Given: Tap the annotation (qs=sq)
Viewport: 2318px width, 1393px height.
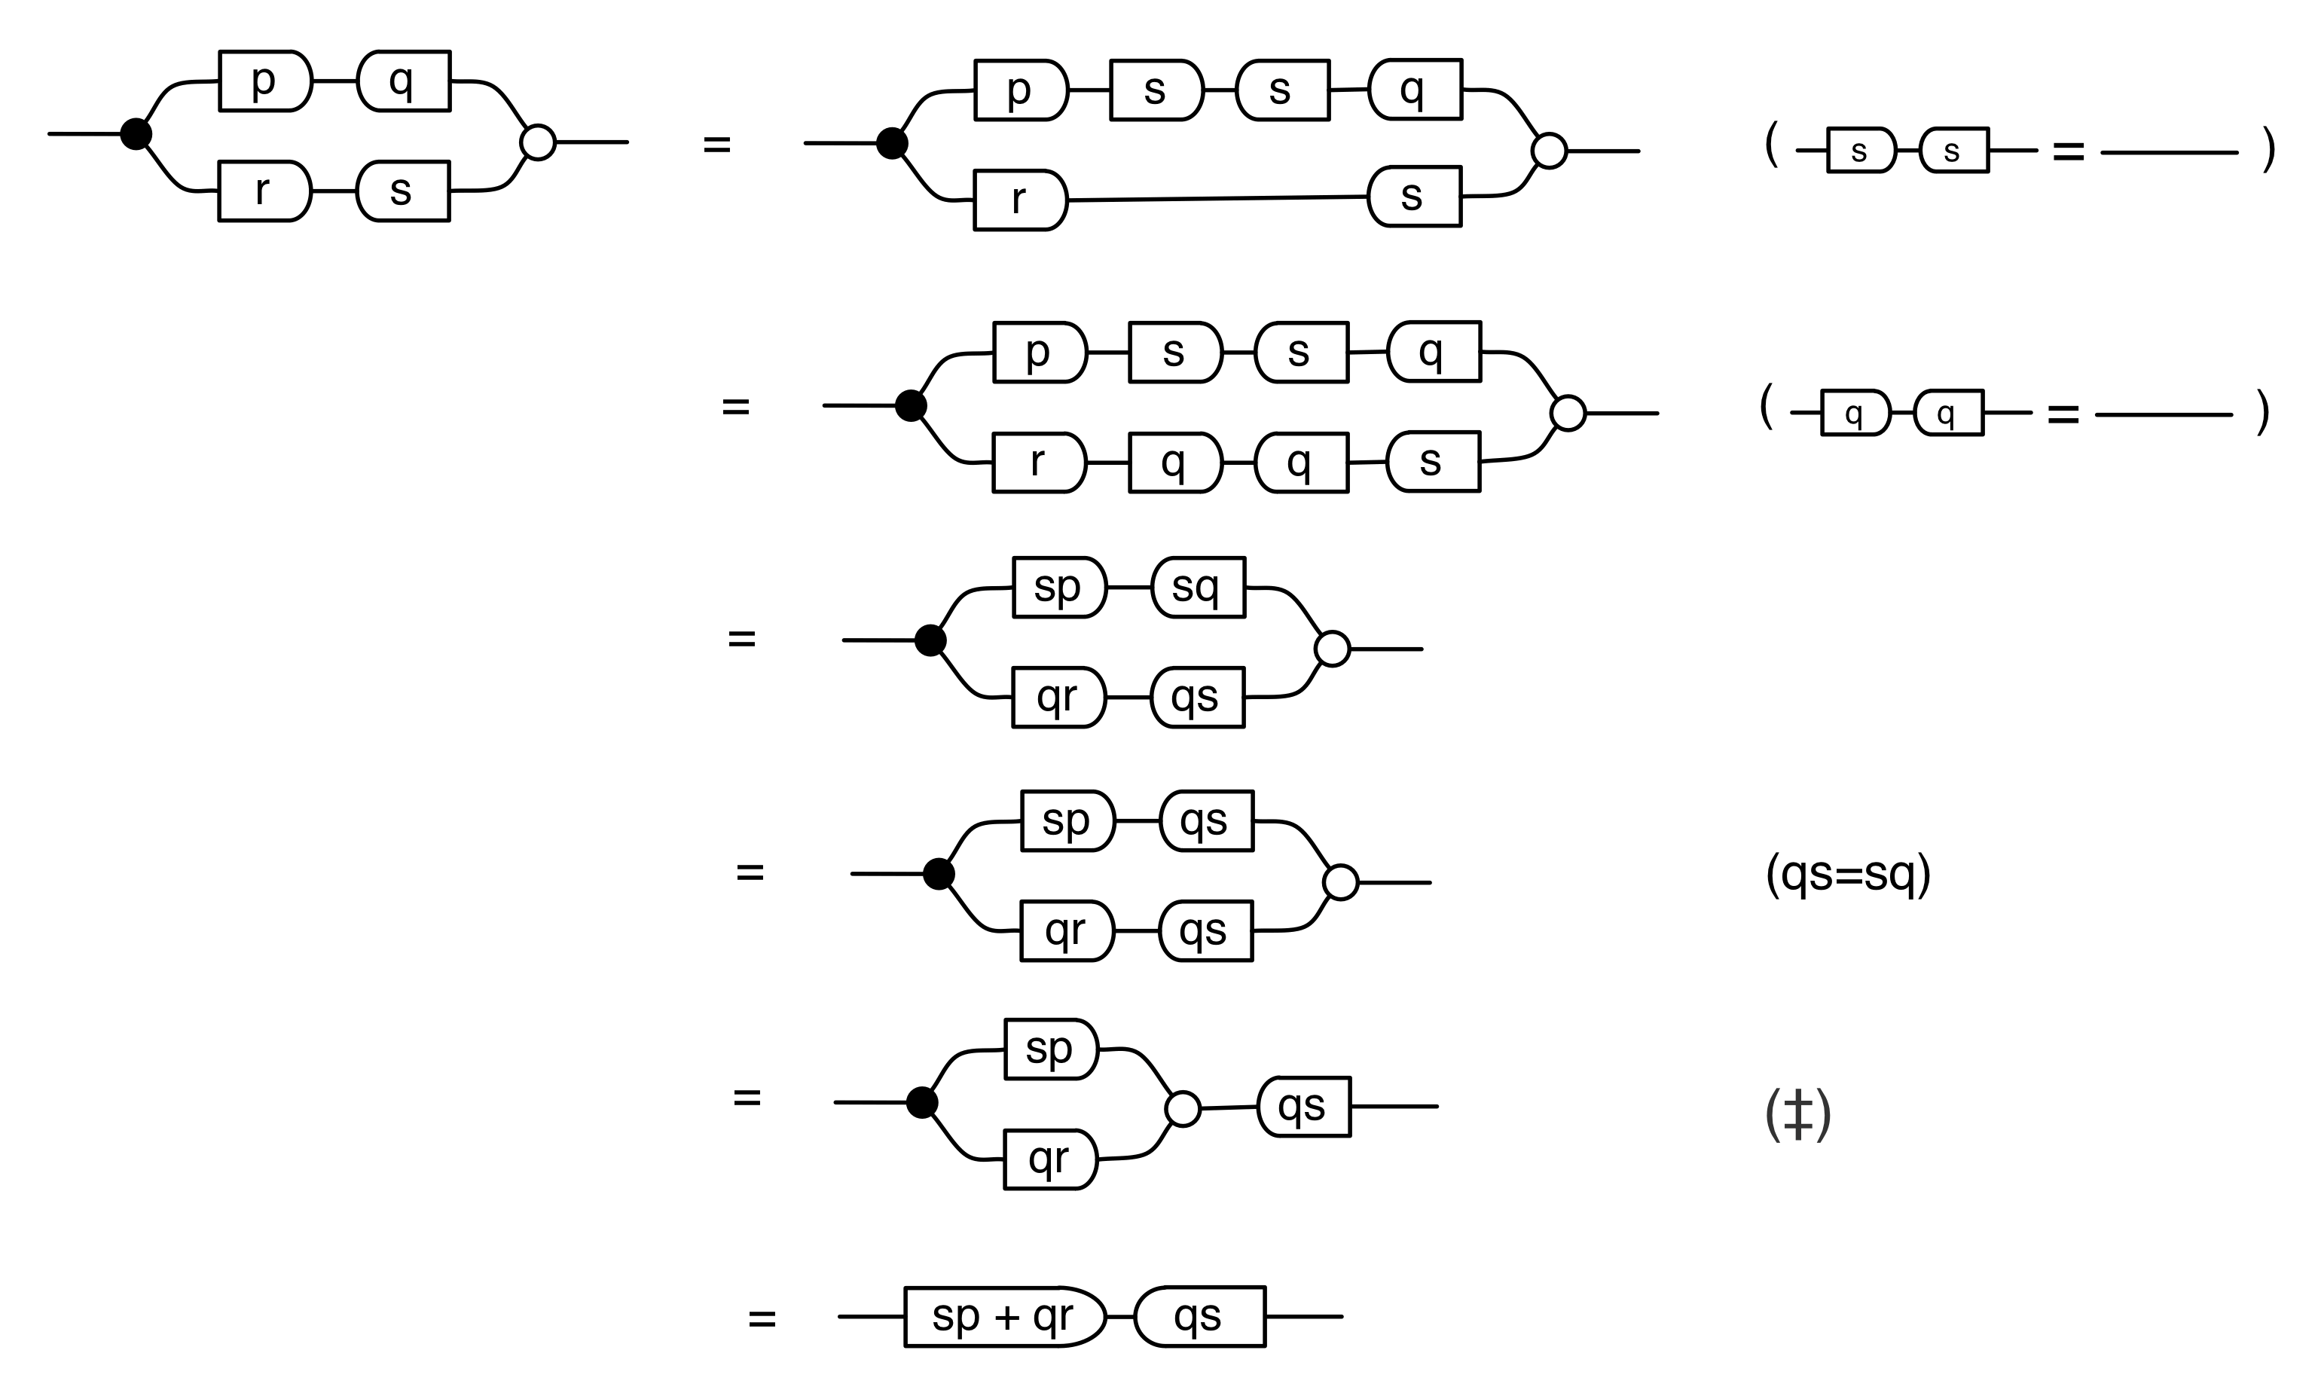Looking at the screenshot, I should tap(1847, 874).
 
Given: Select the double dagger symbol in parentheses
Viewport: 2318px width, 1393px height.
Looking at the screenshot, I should tap(1797, 1115).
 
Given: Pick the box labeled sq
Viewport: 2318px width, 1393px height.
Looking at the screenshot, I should tap(1198, 588).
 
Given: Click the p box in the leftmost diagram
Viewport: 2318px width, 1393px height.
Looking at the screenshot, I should tap(264, 81).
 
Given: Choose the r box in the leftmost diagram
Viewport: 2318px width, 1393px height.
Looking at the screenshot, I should tap(264, 191).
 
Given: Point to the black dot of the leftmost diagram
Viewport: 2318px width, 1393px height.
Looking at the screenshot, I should tap(136, 134).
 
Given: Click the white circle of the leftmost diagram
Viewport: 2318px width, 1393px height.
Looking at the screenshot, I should tap(538, 142).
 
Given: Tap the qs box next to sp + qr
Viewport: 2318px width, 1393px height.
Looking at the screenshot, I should tap(1199, 1316).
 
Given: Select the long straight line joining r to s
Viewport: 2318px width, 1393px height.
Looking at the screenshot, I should tap(1217, 198).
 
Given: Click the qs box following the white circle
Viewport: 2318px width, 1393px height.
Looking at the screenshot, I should tap(1303, 1107).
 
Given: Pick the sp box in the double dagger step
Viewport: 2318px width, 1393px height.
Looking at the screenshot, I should tap(1050, 1049).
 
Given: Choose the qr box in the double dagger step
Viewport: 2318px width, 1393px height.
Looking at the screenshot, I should tap(1050, 1159).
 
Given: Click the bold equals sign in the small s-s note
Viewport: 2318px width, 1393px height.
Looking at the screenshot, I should tap(2069, 151).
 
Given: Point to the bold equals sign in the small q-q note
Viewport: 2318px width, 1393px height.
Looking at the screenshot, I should tap(2063, 414).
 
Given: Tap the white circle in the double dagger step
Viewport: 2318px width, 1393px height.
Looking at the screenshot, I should tap(1183, 1108).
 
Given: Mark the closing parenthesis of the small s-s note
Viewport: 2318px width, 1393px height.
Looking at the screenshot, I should tap(2268, 150).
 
